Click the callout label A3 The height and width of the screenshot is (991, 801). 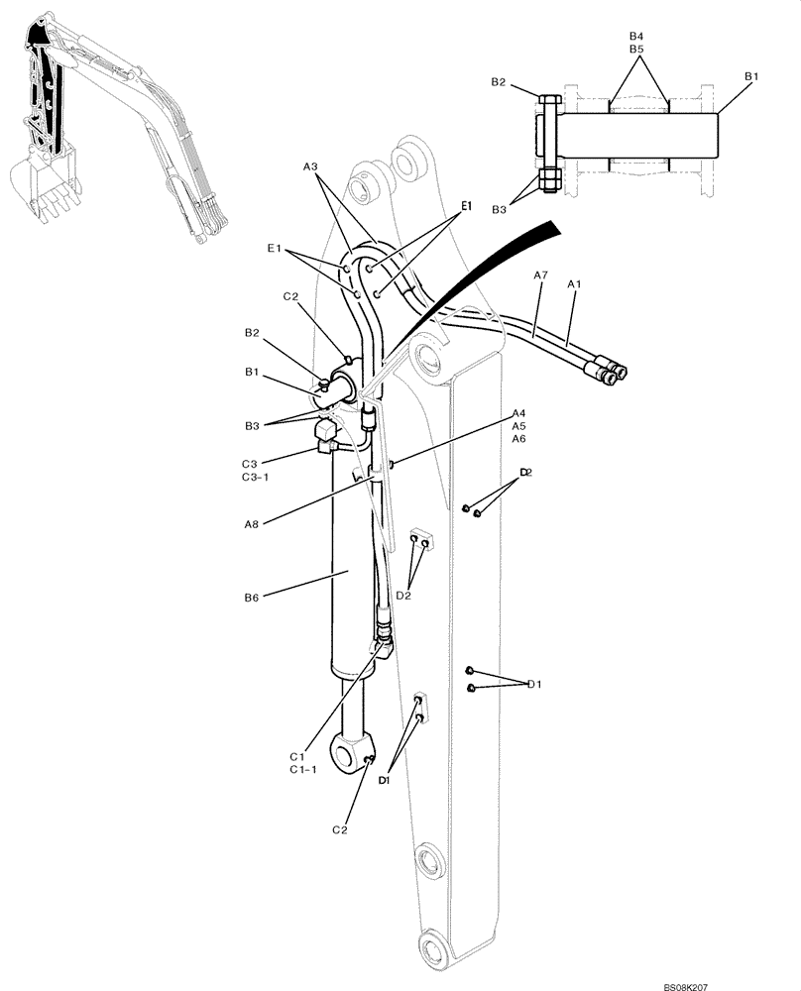coord(310,168)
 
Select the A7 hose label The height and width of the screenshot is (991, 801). coord(539,275)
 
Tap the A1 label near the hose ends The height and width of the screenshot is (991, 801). coord(573,284)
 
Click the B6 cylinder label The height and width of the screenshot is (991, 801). coord(251,598)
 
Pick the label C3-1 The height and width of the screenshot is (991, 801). coord(256,477)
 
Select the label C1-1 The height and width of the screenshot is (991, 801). coord(303,770)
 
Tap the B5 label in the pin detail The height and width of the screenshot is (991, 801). coord(636,48)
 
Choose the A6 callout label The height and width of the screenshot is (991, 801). coord(518,438)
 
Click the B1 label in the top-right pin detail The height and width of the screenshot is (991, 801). coord(751,76)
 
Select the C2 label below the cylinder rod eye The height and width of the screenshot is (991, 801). coord(339,828)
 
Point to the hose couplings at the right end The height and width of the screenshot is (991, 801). coord(610,371)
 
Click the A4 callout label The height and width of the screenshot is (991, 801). coord(518,413)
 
